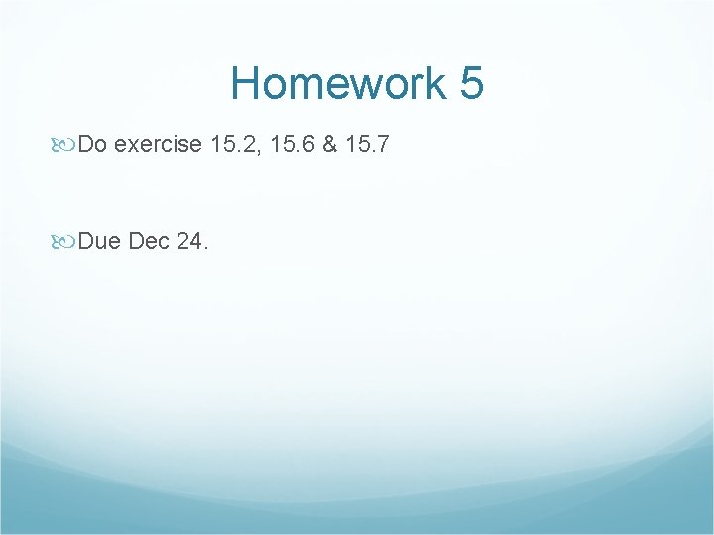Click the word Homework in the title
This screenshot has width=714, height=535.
(x=338, y=83)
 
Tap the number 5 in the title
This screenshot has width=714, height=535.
(x=471, y=83)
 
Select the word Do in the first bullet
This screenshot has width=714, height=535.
(x=92, y=146)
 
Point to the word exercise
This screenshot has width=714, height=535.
(x=159, y=146)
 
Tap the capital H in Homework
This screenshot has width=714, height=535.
(x=246, y=83)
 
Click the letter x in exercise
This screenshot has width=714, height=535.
(x=133, y=147)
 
